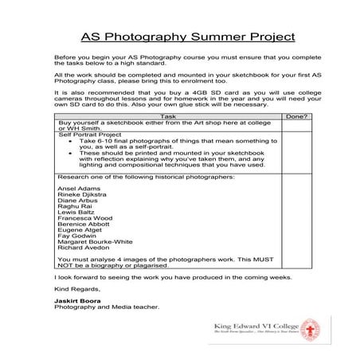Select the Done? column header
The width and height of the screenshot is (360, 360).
click(x=296, y=115)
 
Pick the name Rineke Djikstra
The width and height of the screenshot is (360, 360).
click(x=80, y=194)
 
